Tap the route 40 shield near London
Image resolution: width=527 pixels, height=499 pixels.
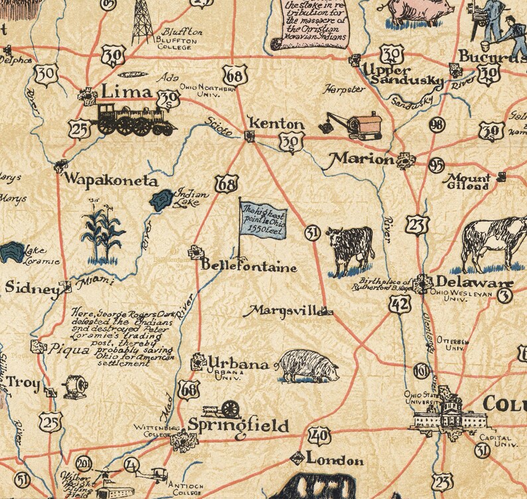tap(319, 437)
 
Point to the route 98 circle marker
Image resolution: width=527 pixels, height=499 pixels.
tap(437, 125)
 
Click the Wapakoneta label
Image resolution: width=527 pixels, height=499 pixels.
tap(110, 180)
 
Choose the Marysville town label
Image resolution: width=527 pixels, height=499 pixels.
tap(284, 310)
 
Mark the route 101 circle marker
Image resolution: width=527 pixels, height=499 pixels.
tap(421, 371)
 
